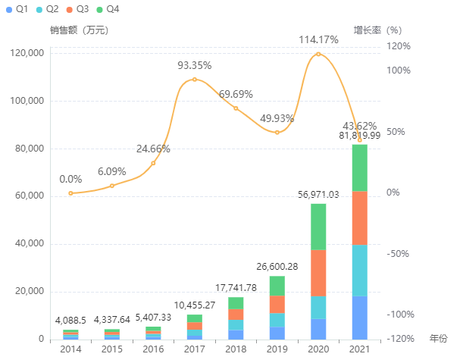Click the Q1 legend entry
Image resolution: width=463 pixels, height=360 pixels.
point(16,8)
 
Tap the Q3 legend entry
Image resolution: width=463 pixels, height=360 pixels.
point(77,8)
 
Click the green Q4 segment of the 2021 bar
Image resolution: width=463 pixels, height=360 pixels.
point(359,167)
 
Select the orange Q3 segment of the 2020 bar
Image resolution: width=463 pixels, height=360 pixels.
point(318,273)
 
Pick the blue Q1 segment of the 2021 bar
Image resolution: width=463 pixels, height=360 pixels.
point(359,318)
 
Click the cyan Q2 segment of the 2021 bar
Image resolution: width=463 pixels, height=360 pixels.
point(359,271)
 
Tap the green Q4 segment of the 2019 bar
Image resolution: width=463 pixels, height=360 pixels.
point(277,286)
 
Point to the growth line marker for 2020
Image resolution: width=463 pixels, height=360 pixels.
point(318,54)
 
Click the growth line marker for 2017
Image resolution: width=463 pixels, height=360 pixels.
point(195,80)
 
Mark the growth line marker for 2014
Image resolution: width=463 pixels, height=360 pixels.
point(70,193)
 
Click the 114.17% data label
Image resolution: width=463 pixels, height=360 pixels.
point(318,39)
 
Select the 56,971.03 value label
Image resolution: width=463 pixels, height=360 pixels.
point(318,195)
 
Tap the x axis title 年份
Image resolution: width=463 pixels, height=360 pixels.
point(439,338)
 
